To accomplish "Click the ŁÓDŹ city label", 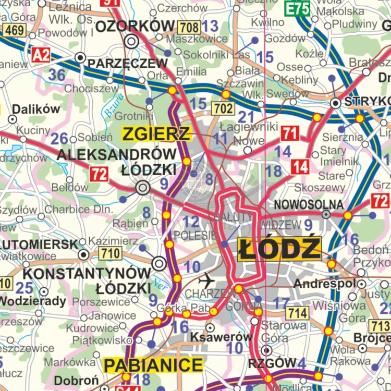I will (x=279, y=248).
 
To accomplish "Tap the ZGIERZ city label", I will (x=156, y=134).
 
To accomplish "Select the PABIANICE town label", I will (x=153, y=365).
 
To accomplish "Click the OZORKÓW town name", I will (x=135, y=26).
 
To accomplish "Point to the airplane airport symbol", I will (x=207, y=280).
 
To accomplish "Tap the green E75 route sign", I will (x=297, y=8).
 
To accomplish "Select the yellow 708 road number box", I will (x=188, y=27).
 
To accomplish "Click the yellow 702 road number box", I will (x=223, y=108).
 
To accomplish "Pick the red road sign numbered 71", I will (x=290, y=133).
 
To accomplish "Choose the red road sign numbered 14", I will (x=300, y=167).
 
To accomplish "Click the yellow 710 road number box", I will (x=109, y=254).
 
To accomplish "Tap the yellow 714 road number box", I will (x=297, y=313).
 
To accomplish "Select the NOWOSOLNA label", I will (x=301, y=204).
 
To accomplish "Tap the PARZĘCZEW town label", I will (x=127, y=63).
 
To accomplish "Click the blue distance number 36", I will (x=57, y=75).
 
